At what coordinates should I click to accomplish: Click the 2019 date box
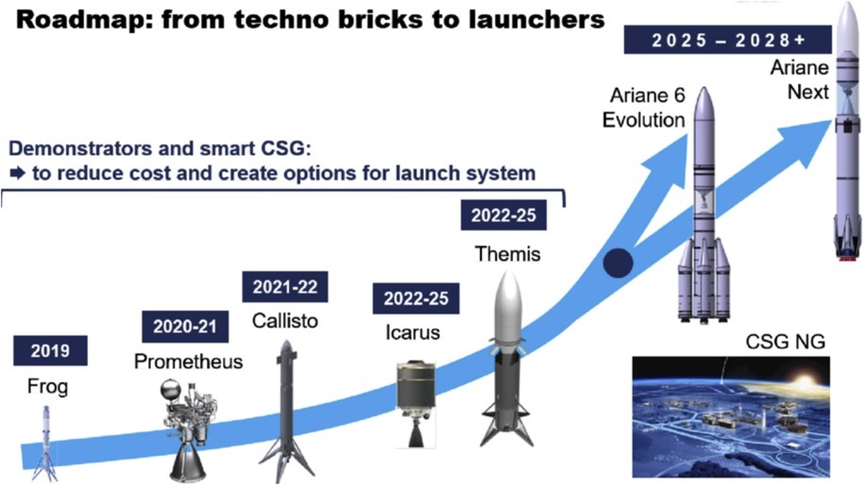click(50, 351)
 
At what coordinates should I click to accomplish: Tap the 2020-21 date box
click(185, 326)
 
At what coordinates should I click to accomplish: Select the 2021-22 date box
click(285, 286)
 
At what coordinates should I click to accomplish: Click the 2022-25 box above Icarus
click(416, 299)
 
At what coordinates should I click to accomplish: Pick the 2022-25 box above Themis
click(503, 216)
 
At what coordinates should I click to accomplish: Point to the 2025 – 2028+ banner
click(727, 40)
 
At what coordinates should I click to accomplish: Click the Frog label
click(47, 387)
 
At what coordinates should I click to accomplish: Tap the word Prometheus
click(189, 362)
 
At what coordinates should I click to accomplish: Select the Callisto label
click(285, 321)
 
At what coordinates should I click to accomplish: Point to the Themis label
click(507, 254)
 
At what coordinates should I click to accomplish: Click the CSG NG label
click(786, 342)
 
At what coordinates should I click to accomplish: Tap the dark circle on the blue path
click(618, 263)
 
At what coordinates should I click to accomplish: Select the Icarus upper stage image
click(416, 405)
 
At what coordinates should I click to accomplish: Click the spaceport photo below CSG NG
click(731, 417)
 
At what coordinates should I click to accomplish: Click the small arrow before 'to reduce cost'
click(18, 174)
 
